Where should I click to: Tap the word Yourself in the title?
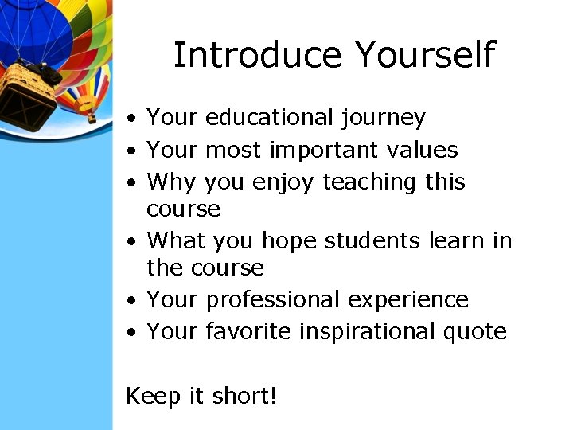[425, 56]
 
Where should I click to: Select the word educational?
[271, 118]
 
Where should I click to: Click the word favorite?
[248, 331]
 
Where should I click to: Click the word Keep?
[152, 396]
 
